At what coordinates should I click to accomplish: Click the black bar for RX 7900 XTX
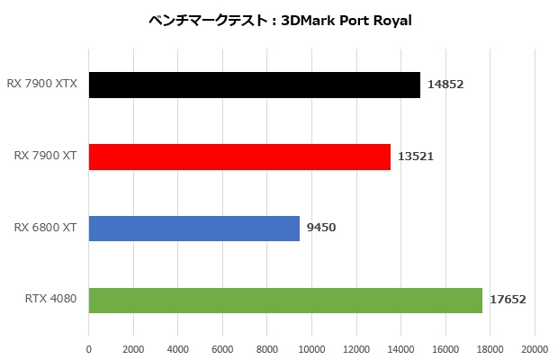[254, 85]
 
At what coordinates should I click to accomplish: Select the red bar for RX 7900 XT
[239, 157]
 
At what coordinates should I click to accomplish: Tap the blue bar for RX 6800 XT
[193, 228]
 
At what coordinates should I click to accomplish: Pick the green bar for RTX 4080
[285, 300]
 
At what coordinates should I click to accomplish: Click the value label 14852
[446, 85]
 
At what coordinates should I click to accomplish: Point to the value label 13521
[417, 157]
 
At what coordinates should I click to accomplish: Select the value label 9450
[321, 228]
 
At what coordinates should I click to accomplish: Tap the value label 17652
[508, 300]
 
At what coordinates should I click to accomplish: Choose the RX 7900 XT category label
[44, 157]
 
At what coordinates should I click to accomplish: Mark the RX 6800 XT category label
[44, 228]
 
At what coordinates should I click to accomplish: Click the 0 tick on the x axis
[89, 349]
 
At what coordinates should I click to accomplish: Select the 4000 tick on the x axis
[178, 349]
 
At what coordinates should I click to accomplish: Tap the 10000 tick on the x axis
[312, 349]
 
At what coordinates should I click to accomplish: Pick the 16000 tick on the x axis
[445, 349]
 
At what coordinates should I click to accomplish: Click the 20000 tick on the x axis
[535, 349]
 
